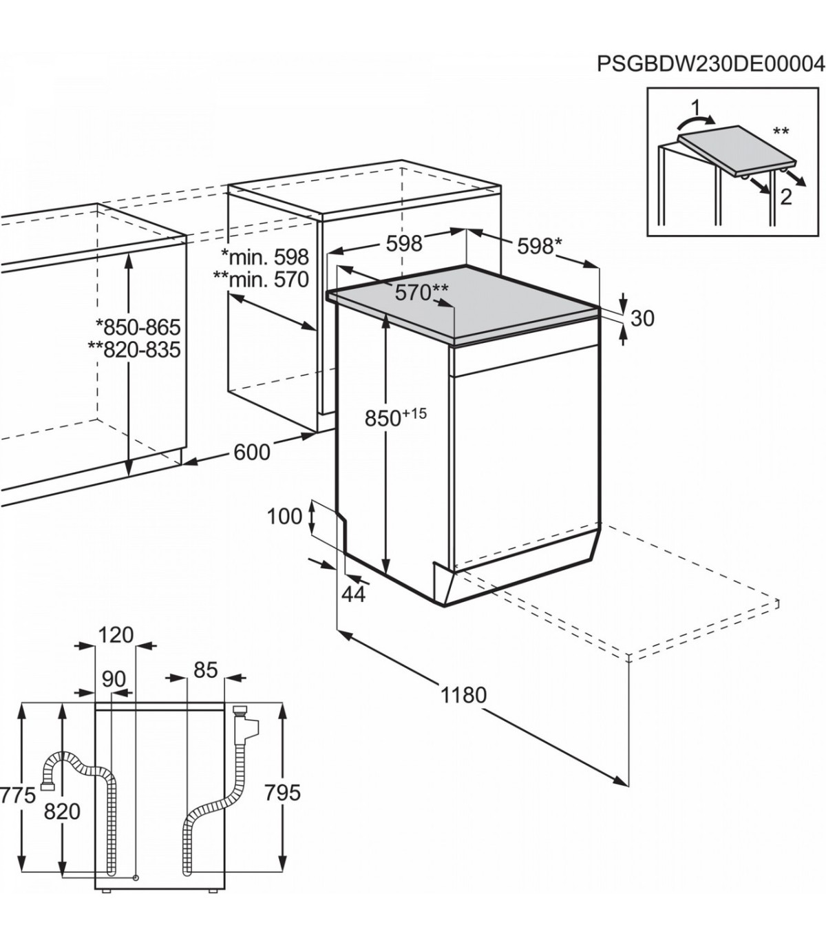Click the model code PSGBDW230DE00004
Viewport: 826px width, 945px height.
(x=711, y=77)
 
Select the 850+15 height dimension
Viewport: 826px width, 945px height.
(x=396, y=417)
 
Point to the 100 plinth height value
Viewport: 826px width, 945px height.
(x=285, y=517)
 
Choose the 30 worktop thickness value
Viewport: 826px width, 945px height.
(x=642, y=318)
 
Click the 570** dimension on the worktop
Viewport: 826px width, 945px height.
(x=421, y=292)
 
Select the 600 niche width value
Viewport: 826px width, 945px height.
(x=252, y=452)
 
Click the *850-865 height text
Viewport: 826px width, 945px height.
(x=138, y=327)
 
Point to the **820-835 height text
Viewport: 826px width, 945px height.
(x=134, y=350)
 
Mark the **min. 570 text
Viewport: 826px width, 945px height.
(x=261, y=279)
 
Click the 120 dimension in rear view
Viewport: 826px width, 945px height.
(x=116, y=636)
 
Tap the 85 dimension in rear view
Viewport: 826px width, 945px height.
(x=205, y=669)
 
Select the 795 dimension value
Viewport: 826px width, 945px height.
(x=282, y=793)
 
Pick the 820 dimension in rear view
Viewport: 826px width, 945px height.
(x=62, y=811)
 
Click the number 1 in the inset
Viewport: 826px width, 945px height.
(x=695, y=108)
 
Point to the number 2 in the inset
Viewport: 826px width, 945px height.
(x=786, y=197)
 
